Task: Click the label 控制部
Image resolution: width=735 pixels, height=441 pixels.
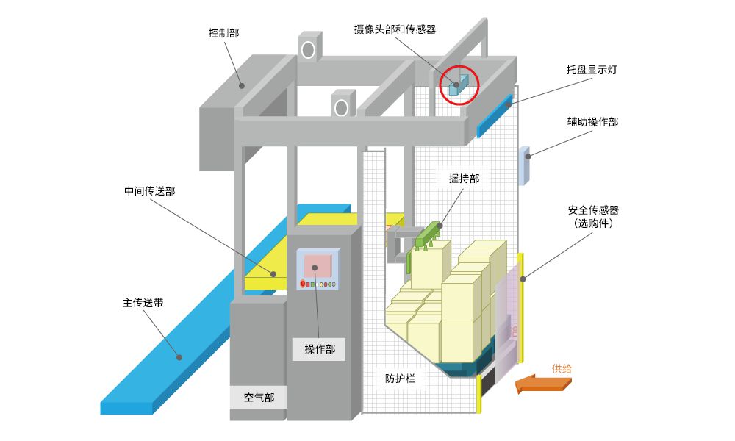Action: pos(223,33)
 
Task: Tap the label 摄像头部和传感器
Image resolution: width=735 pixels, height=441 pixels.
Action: pos(395,29)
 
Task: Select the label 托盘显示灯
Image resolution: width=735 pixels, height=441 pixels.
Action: pos(592,71)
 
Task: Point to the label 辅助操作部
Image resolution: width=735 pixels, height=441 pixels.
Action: pos(592,122)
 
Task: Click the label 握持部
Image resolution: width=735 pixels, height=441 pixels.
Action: pos(464,178)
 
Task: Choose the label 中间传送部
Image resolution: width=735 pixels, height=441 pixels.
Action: pos(150,191)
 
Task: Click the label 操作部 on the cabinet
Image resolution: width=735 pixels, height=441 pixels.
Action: pos(320,349)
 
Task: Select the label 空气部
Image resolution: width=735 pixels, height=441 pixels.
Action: pos(259,398)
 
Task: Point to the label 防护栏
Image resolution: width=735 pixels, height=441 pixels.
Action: pos(400,379)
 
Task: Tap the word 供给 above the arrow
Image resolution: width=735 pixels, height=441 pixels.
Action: pos(562,368)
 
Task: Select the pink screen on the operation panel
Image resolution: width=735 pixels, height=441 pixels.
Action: pos(318,265)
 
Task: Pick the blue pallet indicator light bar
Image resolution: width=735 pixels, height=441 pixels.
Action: pos(495,116)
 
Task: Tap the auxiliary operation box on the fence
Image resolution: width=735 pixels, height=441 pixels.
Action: pos(524,166)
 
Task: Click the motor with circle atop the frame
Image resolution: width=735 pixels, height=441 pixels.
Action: pos(309,47)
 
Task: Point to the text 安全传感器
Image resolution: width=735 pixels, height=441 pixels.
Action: pos(592,210)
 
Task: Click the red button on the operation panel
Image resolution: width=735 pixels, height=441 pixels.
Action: pos(303,284)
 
